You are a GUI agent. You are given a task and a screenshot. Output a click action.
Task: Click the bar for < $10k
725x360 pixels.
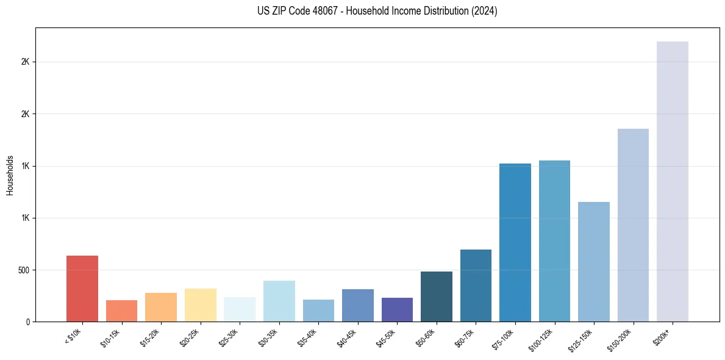pos(82,289)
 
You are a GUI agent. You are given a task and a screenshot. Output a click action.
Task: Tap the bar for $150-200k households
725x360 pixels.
pos(633,225)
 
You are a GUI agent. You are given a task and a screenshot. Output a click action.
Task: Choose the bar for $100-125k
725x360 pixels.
pos(554,241)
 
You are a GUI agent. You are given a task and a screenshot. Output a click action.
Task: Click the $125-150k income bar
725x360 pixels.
pos(594,262)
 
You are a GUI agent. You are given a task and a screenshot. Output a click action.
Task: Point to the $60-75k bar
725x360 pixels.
pos(476,286)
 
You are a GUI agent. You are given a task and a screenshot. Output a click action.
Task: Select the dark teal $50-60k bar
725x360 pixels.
pos(437,297)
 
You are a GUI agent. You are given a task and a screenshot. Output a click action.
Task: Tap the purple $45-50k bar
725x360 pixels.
pos(397,309)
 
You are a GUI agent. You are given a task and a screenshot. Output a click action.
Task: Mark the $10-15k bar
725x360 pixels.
pos(121,311)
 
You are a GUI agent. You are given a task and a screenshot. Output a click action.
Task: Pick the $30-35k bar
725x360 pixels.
pos(279,301)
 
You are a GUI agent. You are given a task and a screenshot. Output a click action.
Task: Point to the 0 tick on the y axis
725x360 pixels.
pos(28,322)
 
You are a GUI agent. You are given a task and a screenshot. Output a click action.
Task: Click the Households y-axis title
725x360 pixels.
pos(10,175)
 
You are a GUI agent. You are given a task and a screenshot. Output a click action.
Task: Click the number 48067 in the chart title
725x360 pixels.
pos(312,12)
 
